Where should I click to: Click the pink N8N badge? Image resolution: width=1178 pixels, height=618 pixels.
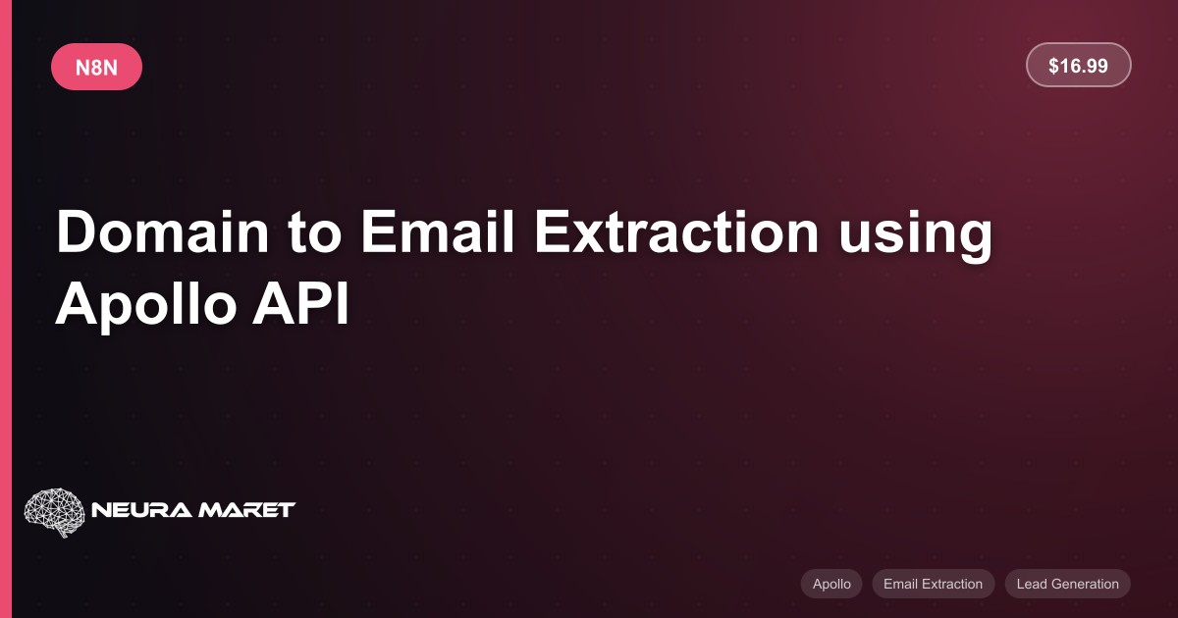pyautogui.click(x=97, y=67)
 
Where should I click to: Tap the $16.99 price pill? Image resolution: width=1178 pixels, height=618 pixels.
pyautogui.click(x=1078, y=65)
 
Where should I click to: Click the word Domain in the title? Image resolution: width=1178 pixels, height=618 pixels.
pyautogui.click(x=163, y=232)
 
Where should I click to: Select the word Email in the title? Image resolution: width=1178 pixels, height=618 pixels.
pyautogui.click(x=437, y=232)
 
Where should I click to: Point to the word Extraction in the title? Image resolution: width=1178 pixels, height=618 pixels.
pyautogui.click(x=676, y=232)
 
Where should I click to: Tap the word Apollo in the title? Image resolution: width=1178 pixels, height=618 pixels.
pyautogui.click(x=146, y=305)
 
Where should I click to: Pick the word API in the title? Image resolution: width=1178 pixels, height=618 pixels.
pyautogui.click(x=300, y=304)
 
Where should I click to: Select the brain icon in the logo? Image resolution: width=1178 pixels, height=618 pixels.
pyautogui.click(x=55, y=512)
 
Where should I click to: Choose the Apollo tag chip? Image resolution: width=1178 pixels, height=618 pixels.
pyautogui.click(x=831, y=584)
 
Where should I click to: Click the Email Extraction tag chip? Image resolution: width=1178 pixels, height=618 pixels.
pyautogui.click(x=933, y=584)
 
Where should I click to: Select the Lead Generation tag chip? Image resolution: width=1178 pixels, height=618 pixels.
pyautogui.click(x=1068, y=584)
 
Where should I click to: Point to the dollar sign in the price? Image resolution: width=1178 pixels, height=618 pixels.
pyautogui.click(x=1053, y=66)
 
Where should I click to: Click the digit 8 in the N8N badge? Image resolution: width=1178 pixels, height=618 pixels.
pyautogui.click(x=96, y=68)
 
